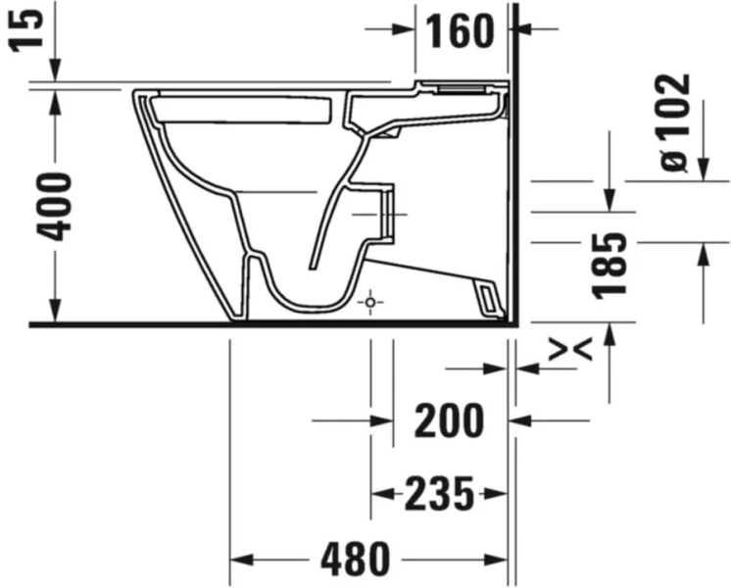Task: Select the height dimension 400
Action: pyautogui.click(x=56, y=207)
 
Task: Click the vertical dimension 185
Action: pyautogui.click(x=610, y=266)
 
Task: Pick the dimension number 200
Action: pyautogui.click(x=450, y=421)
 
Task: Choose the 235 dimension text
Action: pyautogui.click(x=439, y=493)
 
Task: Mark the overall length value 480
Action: pyautogui.click(x=355, y=560)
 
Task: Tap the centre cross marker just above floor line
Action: pyautogui.click(x=369, y=304)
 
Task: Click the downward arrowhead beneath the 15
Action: pyautogui.click(x=56, y=71)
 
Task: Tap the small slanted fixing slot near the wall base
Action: pyautogui.click(x=486, y=295)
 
